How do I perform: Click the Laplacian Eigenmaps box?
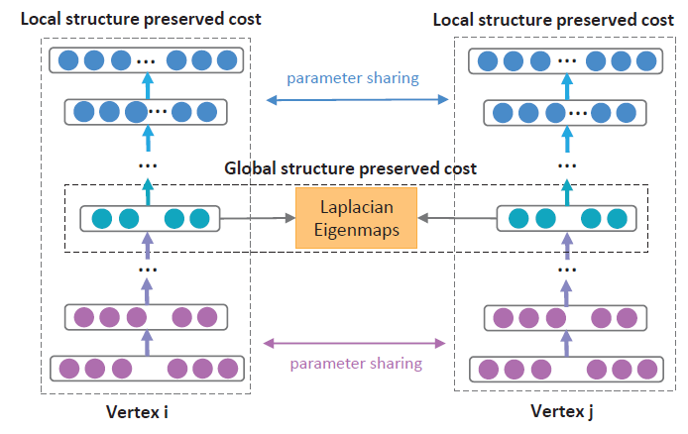(356, 219)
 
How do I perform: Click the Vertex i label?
(145, 410)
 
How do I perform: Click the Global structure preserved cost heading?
(351, 168)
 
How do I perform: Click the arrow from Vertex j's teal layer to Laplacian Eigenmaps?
(451, 218)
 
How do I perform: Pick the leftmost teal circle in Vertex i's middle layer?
(100, 219)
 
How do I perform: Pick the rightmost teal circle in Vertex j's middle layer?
(618, 219)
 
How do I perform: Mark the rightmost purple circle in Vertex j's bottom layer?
(647, 370)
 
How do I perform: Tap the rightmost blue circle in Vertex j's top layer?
(647, 59)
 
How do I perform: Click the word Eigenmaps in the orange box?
(356, 229)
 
